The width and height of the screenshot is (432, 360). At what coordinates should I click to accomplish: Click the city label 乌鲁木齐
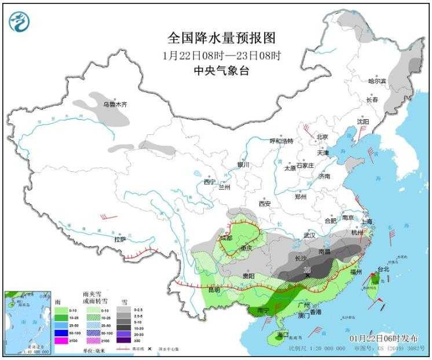pyautogui.click(x=114, y=105)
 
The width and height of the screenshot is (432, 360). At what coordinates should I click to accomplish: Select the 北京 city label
pyautogui.click(x=322, y=137)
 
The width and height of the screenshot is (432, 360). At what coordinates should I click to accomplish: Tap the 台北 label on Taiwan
pyautogui.click(x=383, y=269)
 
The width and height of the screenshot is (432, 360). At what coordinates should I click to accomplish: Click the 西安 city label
pyautogui.click(x=265, y=204)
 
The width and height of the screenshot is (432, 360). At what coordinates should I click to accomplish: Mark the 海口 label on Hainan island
pyautogui.click(x=282, y=335)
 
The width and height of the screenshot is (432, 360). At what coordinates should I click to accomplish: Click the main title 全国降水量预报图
pyautogui.click(x=221, y=38)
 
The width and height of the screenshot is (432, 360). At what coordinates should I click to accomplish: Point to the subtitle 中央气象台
pyautogui.click(x=221, y=71)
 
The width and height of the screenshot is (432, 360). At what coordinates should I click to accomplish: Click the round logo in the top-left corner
pyautogui.click(x=19, y=21)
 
